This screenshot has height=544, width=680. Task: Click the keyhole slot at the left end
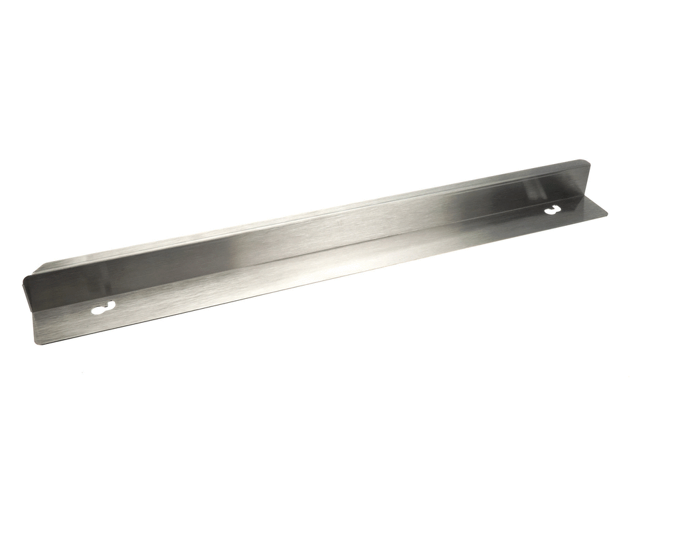point(104,308)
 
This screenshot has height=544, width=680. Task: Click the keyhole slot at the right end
point(552,211)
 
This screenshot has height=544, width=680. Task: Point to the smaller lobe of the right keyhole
point(556,209)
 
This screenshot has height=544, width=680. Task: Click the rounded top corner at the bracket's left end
point(25,277)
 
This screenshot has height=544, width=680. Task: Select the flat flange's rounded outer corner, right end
point(605,214)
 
